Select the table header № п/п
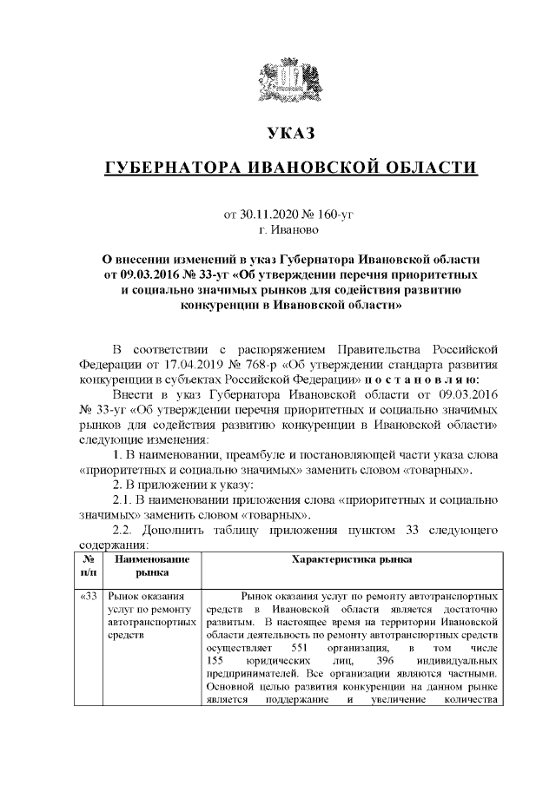(89, 567)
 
